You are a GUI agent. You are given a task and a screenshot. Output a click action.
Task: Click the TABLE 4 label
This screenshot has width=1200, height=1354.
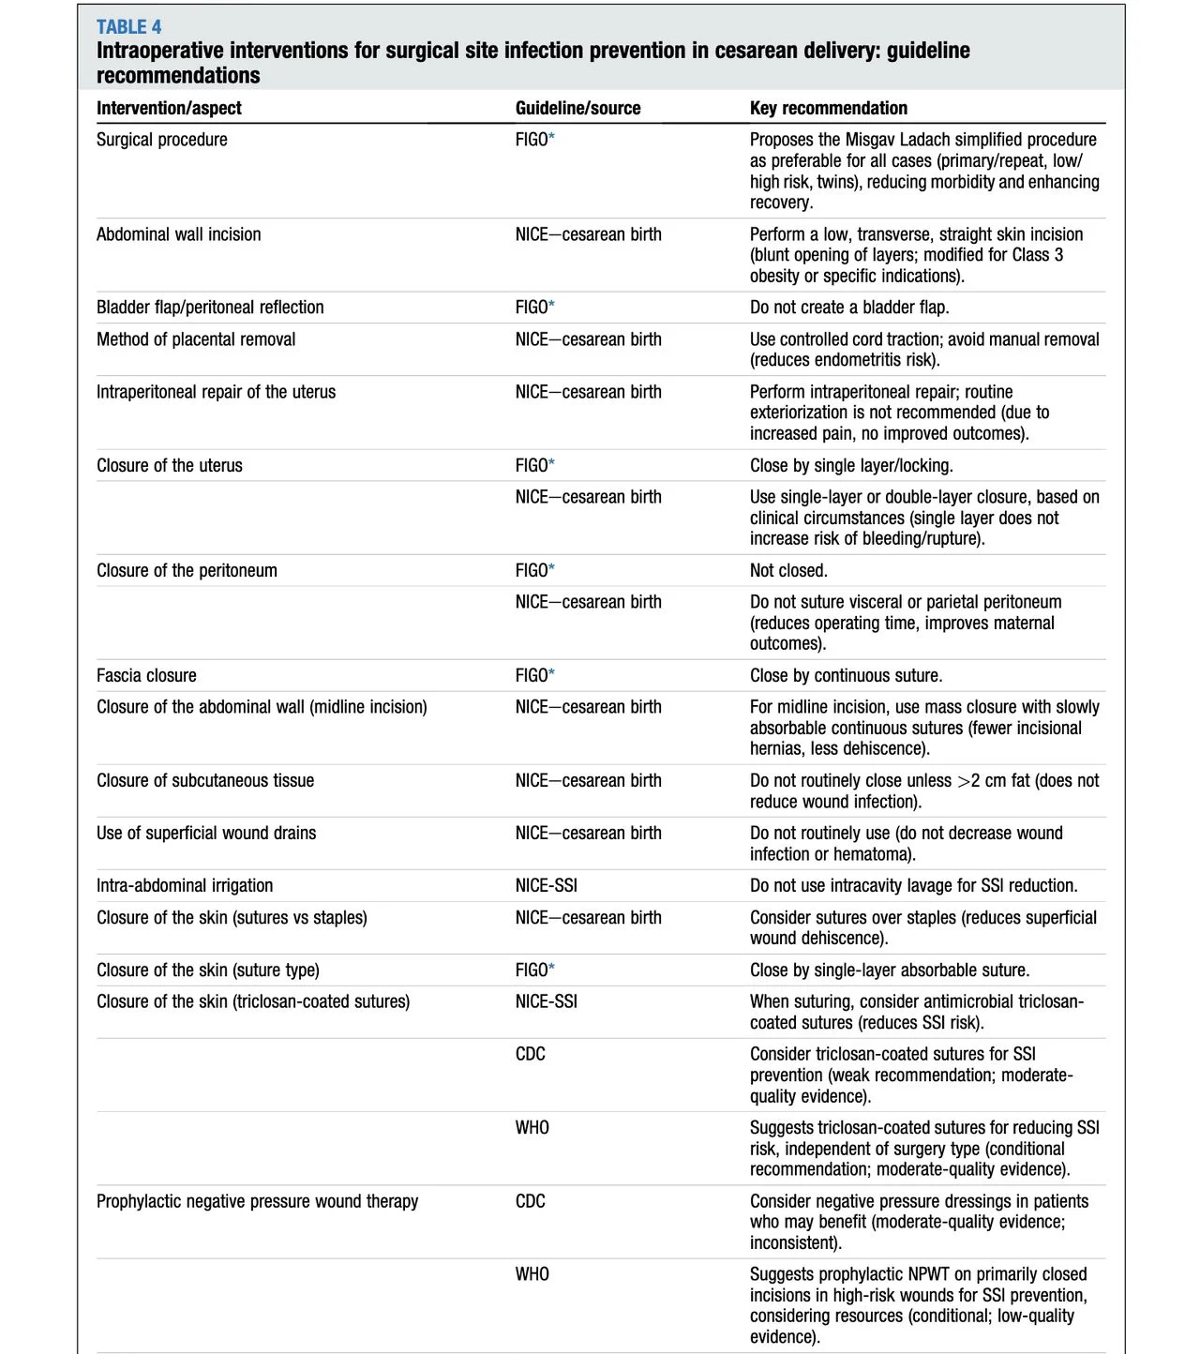click(x=128, y=26)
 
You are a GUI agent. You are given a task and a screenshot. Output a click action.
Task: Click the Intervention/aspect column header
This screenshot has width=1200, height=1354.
click(x=169, y=108)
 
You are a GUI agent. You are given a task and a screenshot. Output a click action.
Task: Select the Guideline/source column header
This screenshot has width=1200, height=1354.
click(x=577, y=108)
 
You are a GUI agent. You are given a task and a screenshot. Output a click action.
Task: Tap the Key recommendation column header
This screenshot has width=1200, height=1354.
click(x=828, y=108)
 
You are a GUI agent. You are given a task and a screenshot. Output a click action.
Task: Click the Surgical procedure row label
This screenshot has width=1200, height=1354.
click(x=161, y=140)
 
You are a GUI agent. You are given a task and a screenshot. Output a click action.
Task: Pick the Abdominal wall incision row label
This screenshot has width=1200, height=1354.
click(x=178, y=234)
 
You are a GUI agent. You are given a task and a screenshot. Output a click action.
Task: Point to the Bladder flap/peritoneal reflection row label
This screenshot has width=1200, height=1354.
click(x=210, y=308)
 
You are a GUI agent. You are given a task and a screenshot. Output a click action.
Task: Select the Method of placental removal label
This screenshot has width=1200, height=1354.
click(x=196, y=339)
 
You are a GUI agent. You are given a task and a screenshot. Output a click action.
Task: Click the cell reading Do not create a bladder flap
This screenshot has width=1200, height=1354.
click(x=848, y=308)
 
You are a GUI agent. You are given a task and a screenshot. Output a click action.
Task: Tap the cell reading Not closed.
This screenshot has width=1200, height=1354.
click(x=788, y=570)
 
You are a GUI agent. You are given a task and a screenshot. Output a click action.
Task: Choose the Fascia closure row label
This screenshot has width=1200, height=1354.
click(x=146, y=675)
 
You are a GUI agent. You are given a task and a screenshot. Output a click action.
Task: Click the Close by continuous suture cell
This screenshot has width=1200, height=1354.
click(x=846, y=675)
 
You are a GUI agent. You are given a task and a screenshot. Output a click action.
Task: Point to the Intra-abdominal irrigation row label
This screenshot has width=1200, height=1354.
click(x=185, y=885)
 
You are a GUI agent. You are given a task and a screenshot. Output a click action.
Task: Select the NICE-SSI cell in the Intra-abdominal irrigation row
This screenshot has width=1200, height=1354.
click(x=546, y=885)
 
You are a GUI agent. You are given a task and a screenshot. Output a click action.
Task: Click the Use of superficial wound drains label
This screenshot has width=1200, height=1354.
click(x=206, y=833)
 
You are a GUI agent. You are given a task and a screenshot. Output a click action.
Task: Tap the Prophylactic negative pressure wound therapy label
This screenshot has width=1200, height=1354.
click(x=257, y=1201)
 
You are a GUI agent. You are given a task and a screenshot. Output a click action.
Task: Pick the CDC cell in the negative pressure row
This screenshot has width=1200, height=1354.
click(x=530, y=1201)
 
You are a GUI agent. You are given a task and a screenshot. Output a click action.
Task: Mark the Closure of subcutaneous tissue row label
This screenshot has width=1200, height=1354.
click(x=205, y=780)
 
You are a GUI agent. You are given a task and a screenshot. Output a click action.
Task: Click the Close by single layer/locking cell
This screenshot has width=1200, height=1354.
click(x=851, y=465)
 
